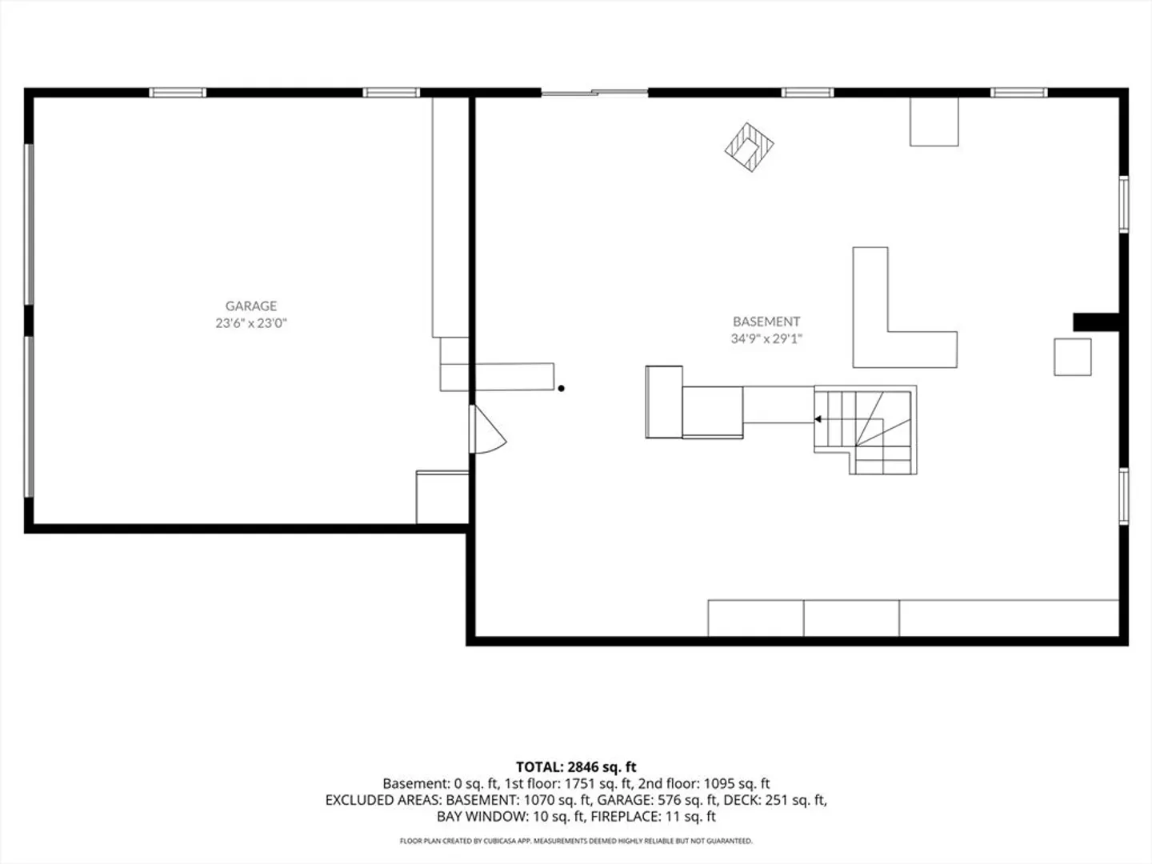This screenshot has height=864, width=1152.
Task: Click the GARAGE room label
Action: click(251, 306)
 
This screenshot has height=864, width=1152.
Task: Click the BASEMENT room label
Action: click(766, 321)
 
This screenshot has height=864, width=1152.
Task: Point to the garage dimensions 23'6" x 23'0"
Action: click(251, 323)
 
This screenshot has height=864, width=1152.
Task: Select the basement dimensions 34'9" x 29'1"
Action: click(766, 339)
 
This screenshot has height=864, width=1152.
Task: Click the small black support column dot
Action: click(561, 389)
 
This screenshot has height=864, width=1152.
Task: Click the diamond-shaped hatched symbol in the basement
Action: click(749, 147)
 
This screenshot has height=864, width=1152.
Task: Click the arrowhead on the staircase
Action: click(818, 419)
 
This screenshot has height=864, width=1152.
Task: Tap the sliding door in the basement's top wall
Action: click(594, 93)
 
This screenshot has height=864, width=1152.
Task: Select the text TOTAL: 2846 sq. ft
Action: click(576, 767)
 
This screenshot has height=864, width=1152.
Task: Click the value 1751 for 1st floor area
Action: click(579, 784)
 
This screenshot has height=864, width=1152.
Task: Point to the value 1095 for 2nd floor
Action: click(718, 784)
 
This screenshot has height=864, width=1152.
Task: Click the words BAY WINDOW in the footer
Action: click(482, 816)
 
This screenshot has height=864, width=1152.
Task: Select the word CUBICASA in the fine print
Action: click(498, 841)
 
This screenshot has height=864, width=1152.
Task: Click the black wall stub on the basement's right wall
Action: click(1096, 322)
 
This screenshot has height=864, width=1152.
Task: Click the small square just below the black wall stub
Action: click(1073, 358)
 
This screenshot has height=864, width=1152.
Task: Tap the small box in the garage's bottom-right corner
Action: click(442, 498)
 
